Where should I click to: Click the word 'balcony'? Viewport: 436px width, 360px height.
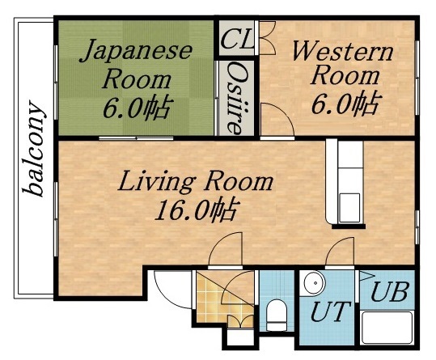pyautogui.click(x=35, y=149)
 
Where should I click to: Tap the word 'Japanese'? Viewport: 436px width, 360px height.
pyautogui.click(x=137, y=52)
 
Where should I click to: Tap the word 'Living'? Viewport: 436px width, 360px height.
pyautogui.click(x=158, y=180)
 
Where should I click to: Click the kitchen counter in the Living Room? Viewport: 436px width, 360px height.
pyautogui.click(x=349, y=183)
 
